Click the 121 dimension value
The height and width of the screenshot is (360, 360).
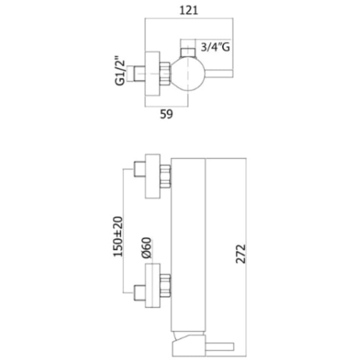tap(189, 10)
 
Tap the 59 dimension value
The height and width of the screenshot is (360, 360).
tap(167, 114)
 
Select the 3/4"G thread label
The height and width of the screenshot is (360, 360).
tap(215, 48)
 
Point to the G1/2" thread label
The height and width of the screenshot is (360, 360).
tap(120, 71)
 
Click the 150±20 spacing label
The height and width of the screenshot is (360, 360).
tap(118, 237)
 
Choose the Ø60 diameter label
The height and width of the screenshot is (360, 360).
tap(146, 248)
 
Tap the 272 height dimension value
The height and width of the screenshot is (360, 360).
tap(241, 254)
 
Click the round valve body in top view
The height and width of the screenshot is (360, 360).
tap(188, 73)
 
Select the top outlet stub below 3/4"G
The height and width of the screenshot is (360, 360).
tap(188, 52)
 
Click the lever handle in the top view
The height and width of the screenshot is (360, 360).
tap(218, 73)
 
